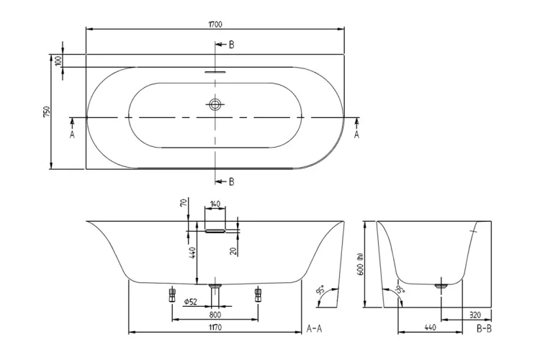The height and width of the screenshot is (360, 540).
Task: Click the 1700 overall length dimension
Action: (x=215, y=24)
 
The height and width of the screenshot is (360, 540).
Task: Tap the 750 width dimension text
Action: (x=46, y=112)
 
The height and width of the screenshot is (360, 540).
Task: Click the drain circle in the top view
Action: (x=215, y=104)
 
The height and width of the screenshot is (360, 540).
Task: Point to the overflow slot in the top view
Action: (x=215, y=72)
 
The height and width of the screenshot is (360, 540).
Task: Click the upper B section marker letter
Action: (x=231, y=45)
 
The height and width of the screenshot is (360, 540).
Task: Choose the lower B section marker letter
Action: (x=231, y=181)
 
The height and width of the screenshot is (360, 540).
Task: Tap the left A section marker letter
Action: (x=72, y=134)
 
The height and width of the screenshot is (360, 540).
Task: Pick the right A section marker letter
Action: (x=357, y=134)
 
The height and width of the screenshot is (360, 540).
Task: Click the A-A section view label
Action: (x=315, y=328)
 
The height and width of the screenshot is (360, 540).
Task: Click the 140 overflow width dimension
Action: (x=215, y=204)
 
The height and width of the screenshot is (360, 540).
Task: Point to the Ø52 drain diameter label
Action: (x=191, y=302)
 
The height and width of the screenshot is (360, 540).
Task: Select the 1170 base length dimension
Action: (x=215, y=328)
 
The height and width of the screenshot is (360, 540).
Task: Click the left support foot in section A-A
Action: (x=172, y=294)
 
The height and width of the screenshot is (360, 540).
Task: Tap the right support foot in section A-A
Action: (x=258, y=294)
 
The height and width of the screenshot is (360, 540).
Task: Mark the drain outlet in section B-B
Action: (x=441, y=286)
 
